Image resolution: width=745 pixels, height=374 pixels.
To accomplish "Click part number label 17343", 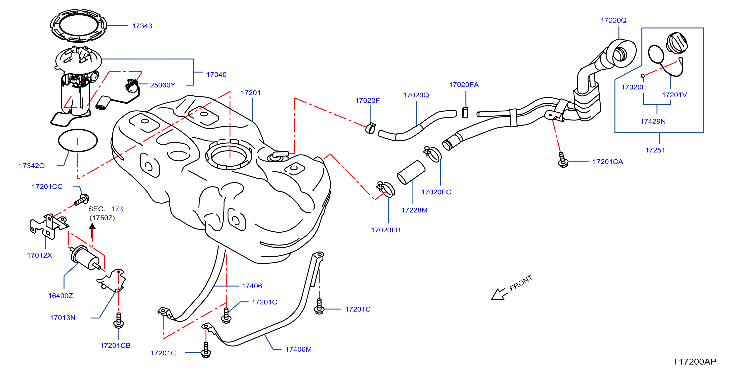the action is [142, 26].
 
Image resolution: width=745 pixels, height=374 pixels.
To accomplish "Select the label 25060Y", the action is [163, 85].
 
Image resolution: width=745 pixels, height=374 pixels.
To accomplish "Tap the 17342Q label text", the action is [32, 166].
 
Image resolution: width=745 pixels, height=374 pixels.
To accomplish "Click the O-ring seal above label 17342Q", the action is [78, 141].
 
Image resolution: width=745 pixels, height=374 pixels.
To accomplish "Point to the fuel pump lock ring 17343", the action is [78, 25].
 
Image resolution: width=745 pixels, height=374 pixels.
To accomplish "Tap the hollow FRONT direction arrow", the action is [499, 294].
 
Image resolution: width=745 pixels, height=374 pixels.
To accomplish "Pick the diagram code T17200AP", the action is [695, 362].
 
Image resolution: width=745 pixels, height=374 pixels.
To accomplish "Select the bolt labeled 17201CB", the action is [118, 321].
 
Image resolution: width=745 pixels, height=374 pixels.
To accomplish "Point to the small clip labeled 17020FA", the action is [465, 112].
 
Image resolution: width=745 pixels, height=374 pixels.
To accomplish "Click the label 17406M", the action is [298, 349].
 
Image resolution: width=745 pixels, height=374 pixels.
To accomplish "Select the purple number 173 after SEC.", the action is [117, 209].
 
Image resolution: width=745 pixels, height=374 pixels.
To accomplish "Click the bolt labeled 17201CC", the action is [82, 200].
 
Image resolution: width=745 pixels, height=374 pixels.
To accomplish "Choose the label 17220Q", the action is [613, 20].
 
